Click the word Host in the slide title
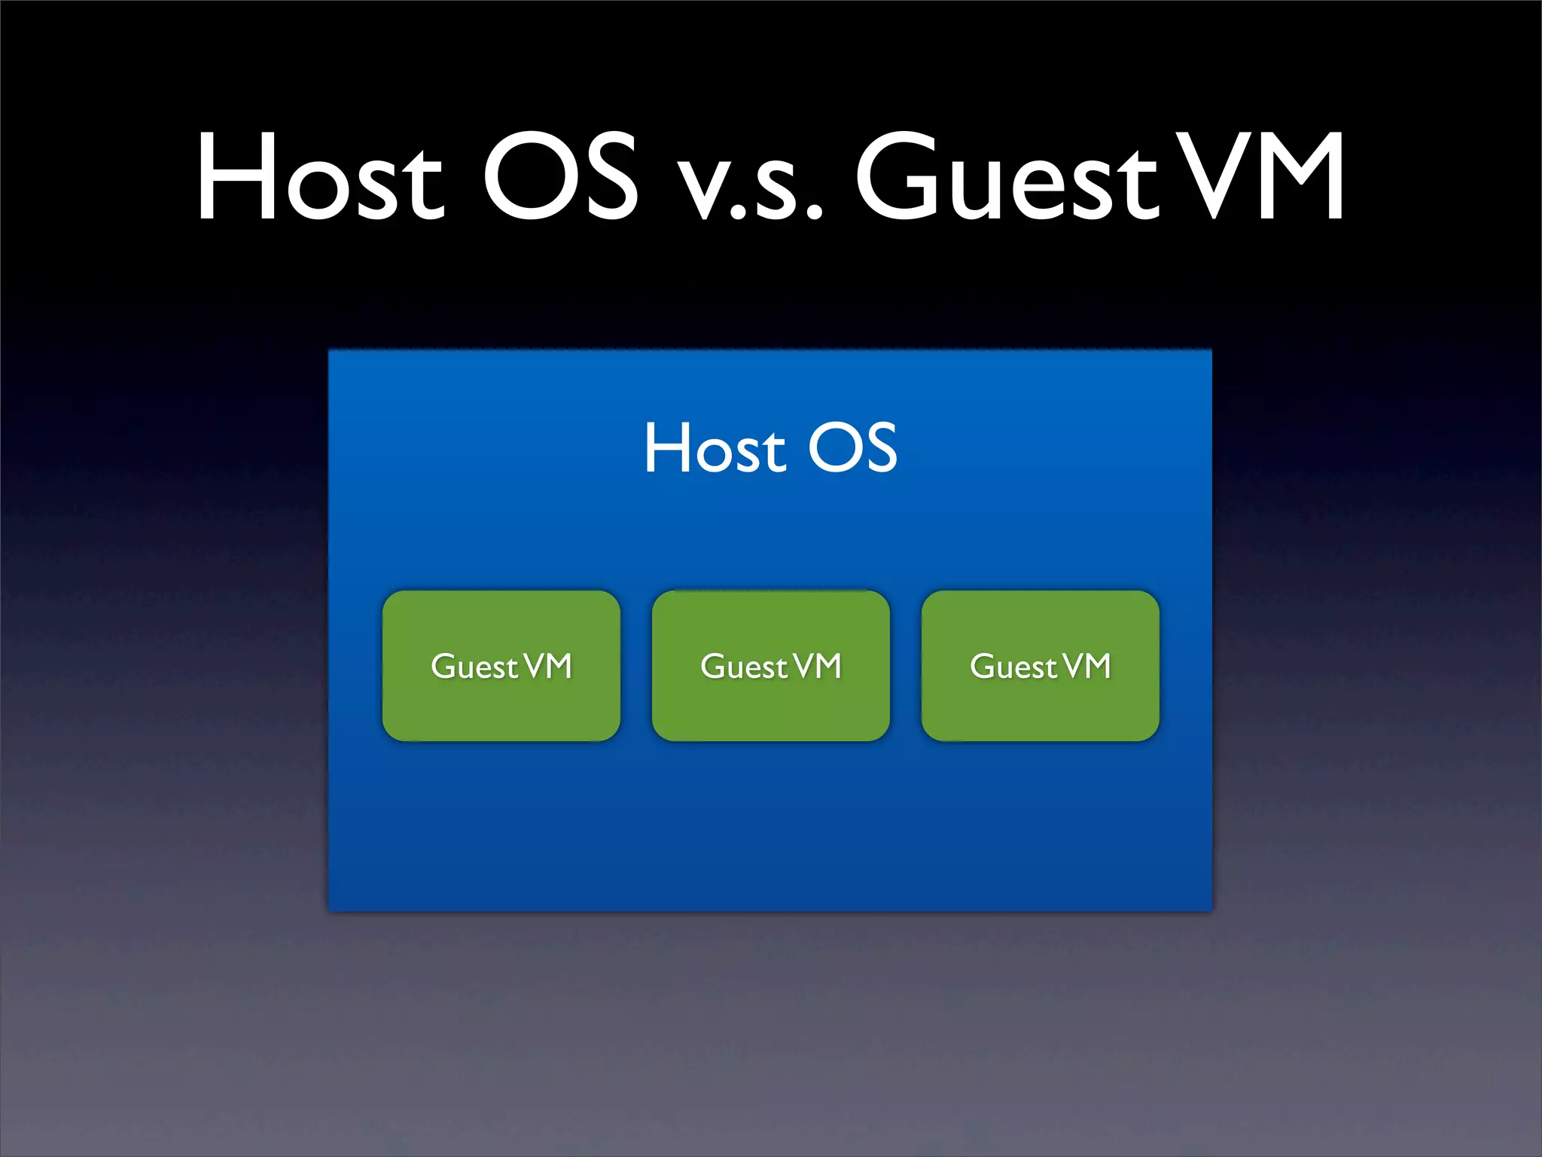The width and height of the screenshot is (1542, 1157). coord(319,178)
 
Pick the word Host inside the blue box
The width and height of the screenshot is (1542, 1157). coord(715,449)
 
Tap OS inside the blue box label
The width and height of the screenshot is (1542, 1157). coord(852,448)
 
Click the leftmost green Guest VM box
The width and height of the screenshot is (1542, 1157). coord(501,708)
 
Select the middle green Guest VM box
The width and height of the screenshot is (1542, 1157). coord(771,708)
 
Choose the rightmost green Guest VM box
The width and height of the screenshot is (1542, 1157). coord(1041,708)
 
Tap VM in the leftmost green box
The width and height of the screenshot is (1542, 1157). coord(548,666)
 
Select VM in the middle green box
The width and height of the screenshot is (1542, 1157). coord(818,666)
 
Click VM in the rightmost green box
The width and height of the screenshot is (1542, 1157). coord(1087,666)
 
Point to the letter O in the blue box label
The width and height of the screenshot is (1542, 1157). coord(834,448)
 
